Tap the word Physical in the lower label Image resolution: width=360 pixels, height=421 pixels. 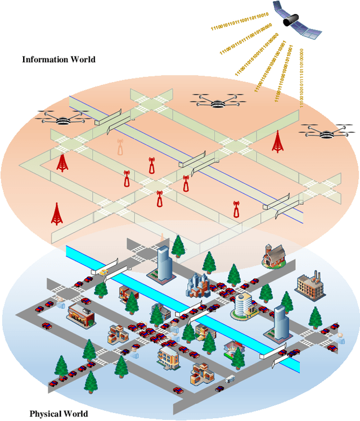click(45, 414)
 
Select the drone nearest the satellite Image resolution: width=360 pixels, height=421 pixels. click(217, 102)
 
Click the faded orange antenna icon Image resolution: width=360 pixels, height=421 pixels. click(120, 147)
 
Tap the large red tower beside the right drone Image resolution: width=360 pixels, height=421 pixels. click(277, 142)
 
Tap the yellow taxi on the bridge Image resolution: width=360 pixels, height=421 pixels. click(104, 271)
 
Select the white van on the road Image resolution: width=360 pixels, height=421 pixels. click(229, 379)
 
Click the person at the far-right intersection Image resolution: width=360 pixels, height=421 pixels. click(340, 338)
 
